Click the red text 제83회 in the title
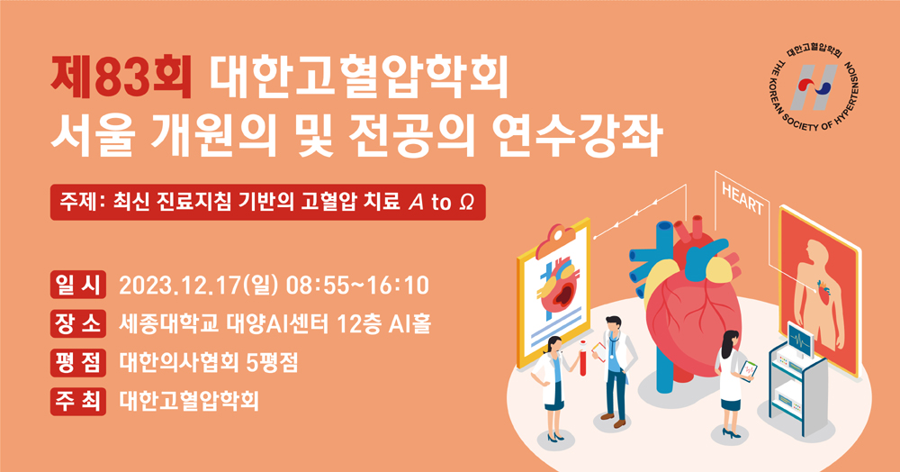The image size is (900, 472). point(121,77)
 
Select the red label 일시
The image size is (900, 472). point(78,285)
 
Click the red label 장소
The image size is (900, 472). point(78,323)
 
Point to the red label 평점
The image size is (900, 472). point(78,362)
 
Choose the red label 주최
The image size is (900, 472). point(78,401)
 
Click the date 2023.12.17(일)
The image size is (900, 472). point(199,286)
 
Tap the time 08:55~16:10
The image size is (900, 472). point(357,286)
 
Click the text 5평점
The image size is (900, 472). point(272,362)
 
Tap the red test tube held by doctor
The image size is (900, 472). point(582,358)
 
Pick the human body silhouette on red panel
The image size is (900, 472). point(817,293)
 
